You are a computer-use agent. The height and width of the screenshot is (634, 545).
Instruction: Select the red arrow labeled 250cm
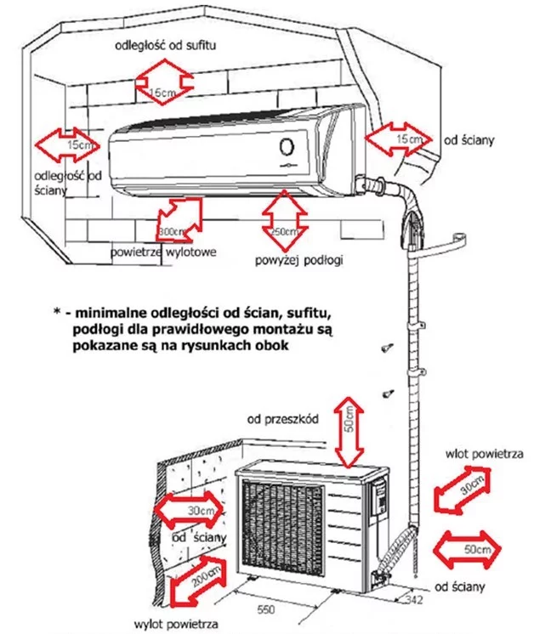pyautogui.click(x=283, y=218)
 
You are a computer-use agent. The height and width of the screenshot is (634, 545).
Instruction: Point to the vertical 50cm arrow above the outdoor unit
pyautogui.click(x=349, y=433)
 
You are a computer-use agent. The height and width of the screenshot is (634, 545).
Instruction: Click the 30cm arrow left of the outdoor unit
pyautogui.click(x=190, y=510)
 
